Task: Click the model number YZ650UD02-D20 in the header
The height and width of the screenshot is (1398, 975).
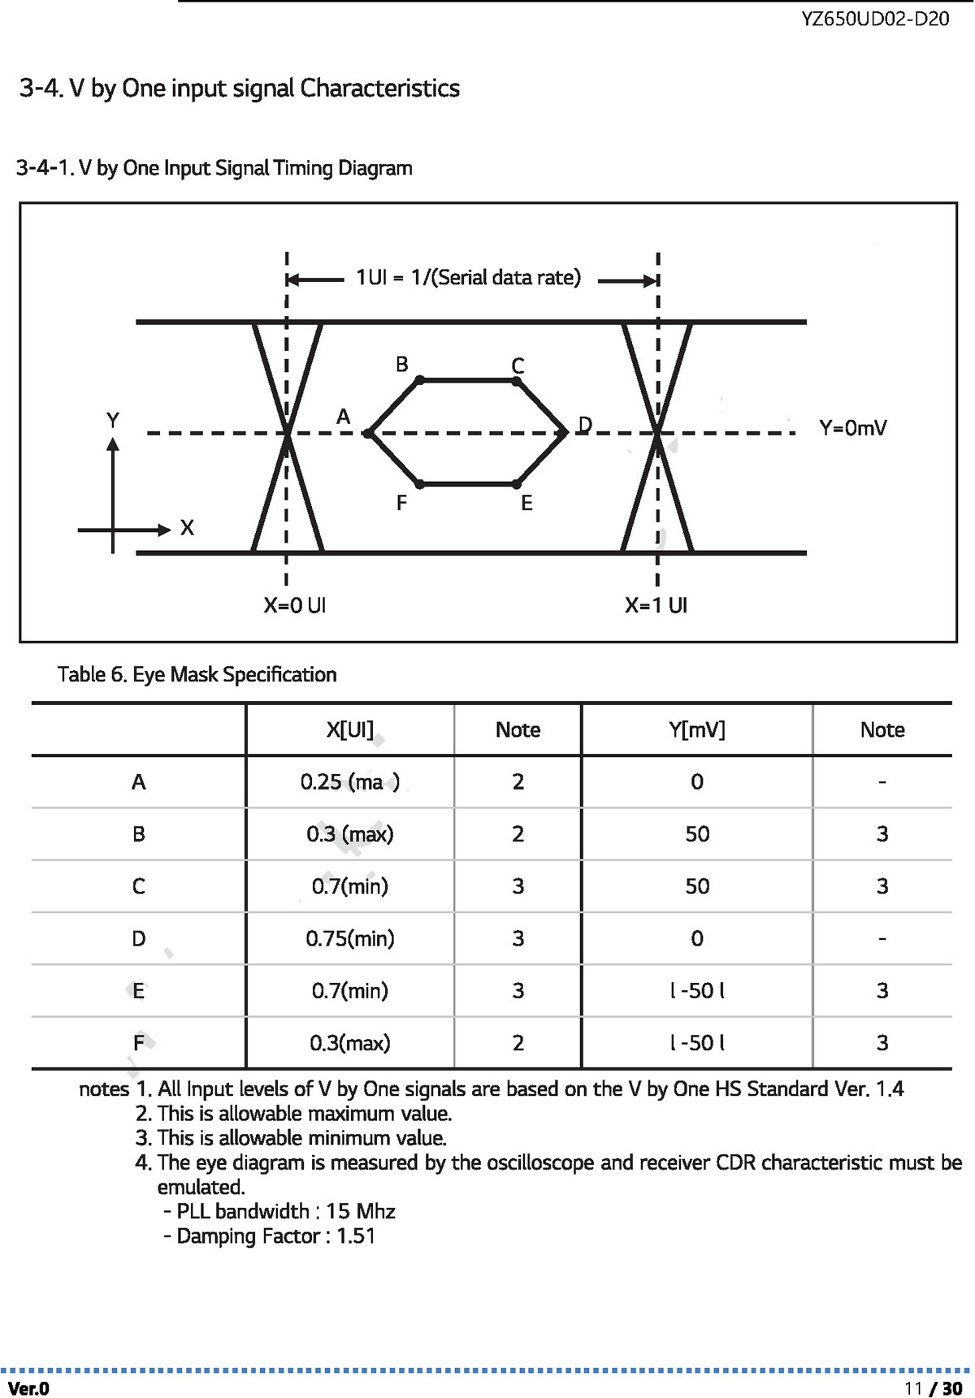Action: (875, 19)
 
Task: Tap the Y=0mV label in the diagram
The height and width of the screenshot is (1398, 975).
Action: (852, 428)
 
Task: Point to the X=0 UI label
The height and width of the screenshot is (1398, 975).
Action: (294, 605)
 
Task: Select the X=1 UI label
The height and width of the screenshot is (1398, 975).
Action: (656, 605)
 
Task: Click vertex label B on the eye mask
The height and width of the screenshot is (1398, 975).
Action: (401, 364)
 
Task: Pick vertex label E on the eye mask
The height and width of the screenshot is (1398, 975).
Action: (526, 504)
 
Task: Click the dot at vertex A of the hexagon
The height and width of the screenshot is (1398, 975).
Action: (368, 434)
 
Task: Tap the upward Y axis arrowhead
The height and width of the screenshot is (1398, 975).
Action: (113, 444)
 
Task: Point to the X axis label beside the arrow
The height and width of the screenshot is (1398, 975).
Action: (187, 528)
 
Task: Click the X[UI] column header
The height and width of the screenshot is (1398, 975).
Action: (350, 729)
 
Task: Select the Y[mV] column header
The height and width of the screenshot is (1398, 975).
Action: (697, 729)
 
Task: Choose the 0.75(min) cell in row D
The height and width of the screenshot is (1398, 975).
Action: (350, 939)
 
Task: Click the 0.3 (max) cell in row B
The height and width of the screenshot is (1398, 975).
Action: (350, 834)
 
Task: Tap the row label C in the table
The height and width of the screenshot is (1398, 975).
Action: (139, 886)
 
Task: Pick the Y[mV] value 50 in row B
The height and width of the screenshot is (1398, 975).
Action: (697, 834)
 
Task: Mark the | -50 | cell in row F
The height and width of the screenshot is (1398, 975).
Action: (697, 1043)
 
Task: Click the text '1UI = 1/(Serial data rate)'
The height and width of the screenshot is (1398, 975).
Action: (469, 278)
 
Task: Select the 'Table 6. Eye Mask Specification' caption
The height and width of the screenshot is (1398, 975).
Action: (197, 674)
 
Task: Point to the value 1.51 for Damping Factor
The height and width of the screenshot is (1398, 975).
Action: (356, 1236)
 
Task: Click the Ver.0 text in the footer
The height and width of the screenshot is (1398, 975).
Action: (28, 1388)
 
